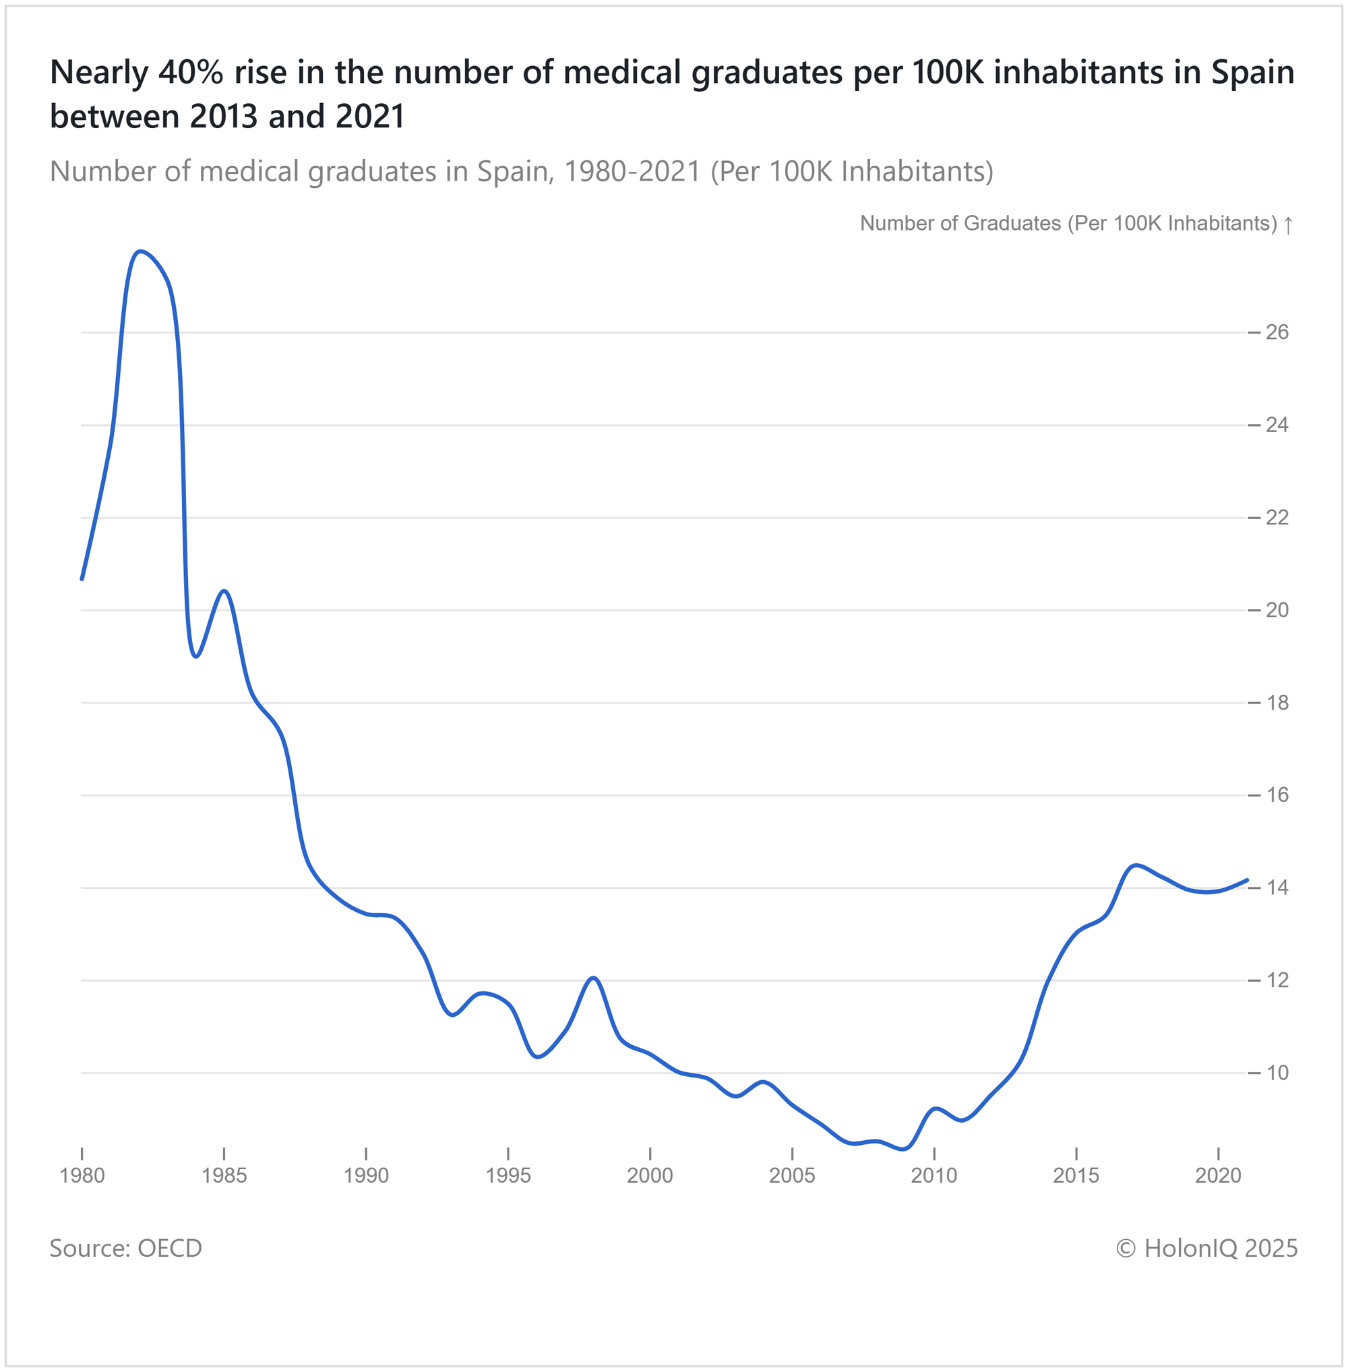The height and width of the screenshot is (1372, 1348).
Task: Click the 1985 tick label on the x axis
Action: click(x=224, y=1176)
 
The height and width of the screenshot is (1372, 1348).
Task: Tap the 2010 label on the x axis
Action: click(x=934, y=1176)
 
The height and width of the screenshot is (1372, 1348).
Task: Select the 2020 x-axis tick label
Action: click(x=1218, y=1176)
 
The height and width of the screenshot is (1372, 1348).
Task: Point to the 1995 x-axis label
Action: click(x=508, y=1176)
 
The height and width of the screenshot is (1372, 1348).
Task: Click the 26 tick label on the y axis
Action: click(x=1277, y=332)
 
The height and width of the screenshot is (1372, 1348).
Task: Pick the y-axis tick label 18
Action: click(x=1277, y=703)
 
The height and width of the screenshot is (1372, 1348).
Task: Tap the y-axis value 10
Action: click(x=1277, y=1073)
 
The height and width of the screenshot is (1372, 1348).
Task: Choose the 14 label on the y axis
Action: click(x=1277, y=887)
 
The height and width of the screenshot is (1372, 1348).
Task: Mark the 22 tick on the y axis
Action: click(x=1277, y=518)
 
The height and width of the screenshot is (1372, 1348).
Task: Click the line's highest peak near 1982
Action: click(x=140, y=251)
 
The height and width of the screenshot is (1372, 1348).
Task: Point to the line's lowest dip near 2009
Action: click(x=905, y=1149)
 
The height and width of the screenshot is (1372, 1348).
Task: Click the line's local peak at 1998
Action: click(x=594, y=978)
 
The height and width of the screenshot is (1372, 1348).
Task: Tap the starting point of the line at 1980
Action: click(x=82, y=578)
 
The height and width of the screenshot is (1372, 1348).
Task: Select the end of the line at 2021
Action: click(x=1247, y=880)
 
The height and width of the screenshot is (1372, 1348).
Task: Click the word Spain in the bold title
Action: click(x=1252, y=72)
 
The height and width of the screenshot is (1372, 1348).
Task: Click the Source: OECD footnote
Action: click(x=126, y=1247)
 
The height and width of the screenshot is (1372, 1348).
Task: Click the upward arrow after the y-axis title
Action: click(x=1289, y=225)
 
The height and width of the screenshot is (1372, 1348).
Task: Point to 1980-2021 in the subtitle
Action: click(x=632, y=171)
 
